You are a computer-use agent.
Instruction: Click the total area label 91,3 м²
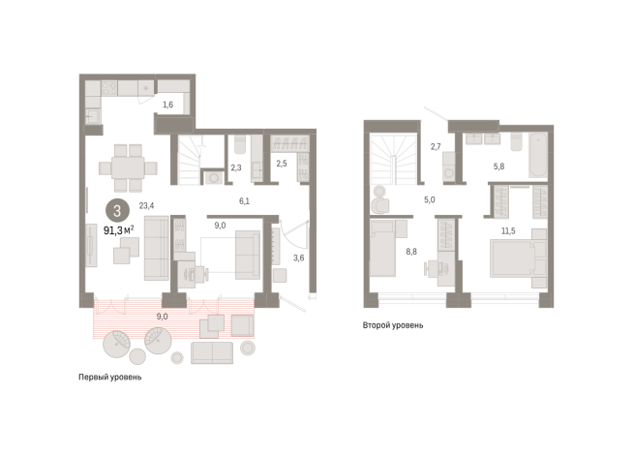click(x=119, y=230)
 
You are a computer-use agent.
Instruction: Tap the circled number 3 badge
click(x=117, y=211)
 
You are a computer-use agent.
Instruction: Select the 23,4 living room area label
click(x=146, y=205)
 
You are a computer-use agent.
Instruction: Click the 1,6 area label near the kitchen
click(x=168, y=105)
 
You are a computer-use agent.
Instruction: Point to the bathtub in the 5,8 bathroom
click(x=538, y=155)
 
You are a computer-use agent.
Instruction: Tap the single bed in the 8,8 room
click(x=382, y=248)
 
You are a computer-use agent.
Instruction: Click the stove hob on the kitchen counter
click(x=109, y=88)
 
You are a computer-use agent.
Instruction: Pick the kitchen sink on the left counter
click(x=93, y=117)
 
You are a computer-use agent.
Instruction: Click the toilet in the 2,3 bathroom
click(x=240, y=144)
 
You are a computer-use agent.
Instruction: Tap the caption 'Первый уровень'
click(x=110, y=378)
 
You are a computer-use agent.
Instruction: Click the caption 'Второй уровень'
click(x=393, y=325)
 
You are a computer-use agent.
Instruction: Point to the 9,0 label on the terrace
click(x=162, y=317)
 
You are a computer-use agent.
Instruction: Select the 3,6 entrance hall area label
click(x=299, y=258)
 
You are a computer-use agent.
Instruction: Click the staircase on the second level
click(x=394, y=160)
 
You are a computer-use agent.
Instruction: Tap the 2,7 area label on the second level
click(x=436, y=146)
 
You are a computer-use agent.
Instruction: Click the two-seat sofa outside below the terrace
click(x=212, y=352)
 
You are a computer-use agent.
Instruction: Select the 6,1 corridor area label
click(x=244, y=201)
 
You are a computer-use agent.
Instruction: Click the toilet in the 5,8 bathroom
click(x=516, y=142)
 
